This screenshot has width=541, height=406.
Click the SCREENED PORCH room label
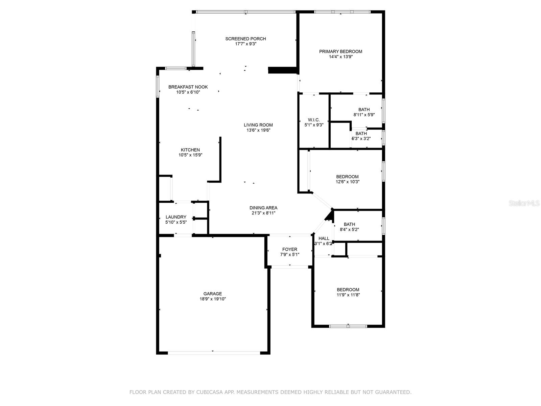point(245,39)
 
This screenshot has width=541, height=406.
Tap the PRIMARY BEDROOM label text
point(340,51)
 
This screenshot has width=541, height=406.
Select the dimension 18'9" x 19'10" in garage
point(213,299)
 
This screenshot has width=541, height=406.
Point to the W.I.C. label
point(314,120)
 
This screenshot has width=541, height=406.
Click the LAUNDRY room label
point(176,217)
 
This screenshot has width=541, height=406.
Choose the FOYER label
point(290,249)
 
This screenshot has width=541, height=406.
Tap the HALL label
point(324,239)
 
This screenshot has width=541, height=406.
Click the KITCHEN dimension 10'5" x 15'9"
point(190,155)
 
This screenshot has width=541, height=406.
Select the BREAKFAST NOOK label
point(188,87)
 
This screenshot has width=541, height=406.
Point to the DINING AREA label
point(263,208)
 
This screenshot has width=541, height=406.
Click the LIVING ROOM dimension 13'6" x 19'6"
point(258,130)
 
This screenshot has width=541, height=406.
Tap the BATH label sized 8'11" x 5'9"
point(364,110)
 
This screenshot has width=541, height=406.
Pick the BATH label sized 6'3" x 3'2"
point(361,134)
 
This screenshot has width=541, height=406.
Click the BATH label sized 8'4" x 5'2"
point(349,224)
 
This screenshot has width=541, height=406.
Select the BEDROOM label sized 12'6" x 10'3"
point(347,177)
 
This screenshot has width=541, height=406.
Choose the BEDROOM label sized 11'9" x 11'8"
point(348,290)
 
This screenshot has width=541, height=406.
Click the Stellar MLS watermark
point(524,203)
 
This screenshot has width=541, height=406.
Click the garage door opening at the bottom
point(214,353)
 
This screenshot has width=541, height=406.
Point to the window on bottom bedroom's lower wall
point(348,326)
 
